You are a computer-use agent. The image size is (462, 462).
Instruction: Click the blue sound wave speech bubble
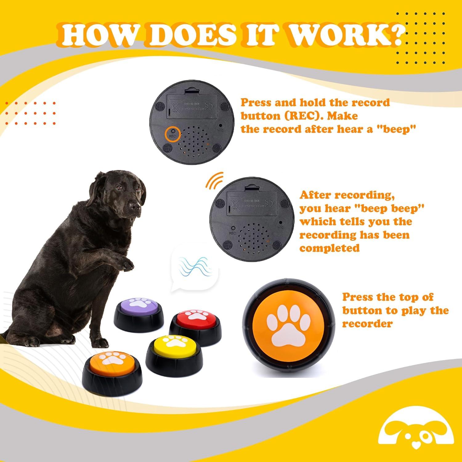(x=195, y=267)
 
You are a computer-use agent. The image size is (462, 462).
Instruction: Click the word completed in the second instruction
(x=329, y=248)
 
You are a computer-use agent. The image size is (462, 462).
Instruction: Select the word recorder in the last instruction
(x=367, y=324)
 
